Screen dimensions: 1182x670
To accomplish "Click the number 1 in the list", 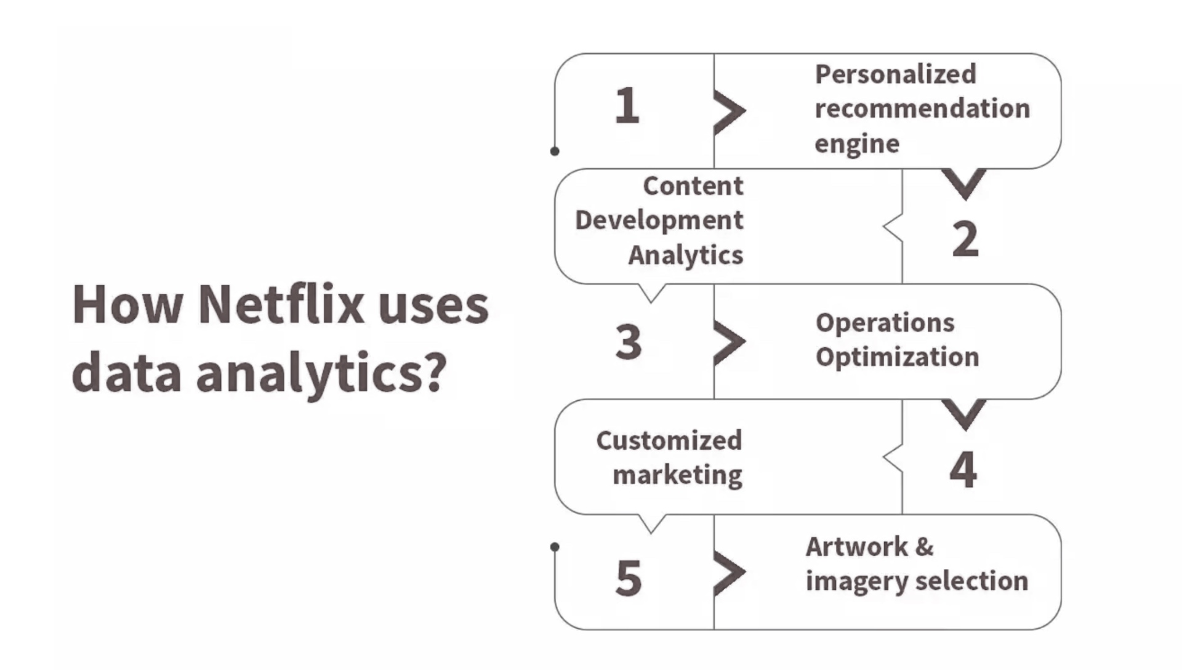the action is [627, 105].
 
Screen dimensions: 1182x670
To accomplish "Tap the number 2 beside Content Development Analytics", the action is [965, 239].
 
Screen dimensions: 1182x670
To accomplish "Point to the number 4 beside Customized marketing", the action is [963, 469].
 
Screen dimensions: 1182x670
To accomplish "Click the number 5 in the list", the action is [629, 578].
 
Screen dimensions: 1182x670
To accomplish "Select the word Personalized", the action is [896, 75].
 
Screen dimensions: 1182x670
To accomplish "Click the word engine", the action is [857, 144].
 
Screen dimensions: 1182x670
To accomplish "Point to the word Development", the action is [659, 220].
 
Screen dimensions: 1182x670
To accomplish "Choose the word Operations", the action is [885, 323].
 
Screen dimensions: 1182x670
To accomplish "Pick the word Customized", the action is [669, 440].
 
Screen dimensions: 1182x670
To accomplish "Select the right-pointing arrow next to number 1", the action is [730, 111].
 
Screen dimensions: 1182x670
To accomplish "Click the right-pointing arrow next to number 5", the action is [730, 573].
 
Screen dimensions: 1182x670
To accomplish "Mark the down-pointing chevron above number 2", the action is [964, 184].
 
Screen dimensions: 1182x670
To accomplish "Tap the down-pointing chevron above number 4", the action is [964, 414].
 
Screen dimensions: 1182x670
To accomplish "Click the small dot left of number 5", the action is [555, 547].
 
